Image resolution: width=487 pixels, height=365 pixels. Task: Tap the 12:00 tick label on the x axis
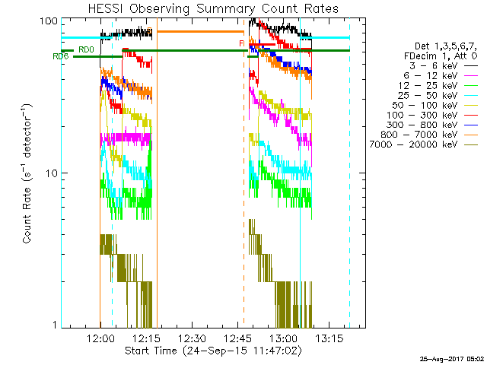tap(100, 338)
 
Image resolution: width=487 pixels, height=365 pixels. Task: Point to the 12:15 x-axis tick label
tap(146, 338)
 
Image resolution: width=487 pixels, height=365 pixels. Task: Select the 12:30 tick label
tap(192, 338)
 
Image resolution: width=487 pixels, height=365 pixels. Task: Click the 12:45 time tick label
tap(237, 338)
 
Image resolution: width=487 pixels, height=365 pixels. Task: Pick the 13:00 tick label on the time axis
tap(283, 338)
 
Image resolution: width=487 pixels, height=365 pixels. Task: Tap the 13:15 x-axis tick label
tap(329, 338)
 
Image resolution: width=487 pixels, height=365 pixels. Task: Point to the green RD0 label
tap(86, 49)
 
